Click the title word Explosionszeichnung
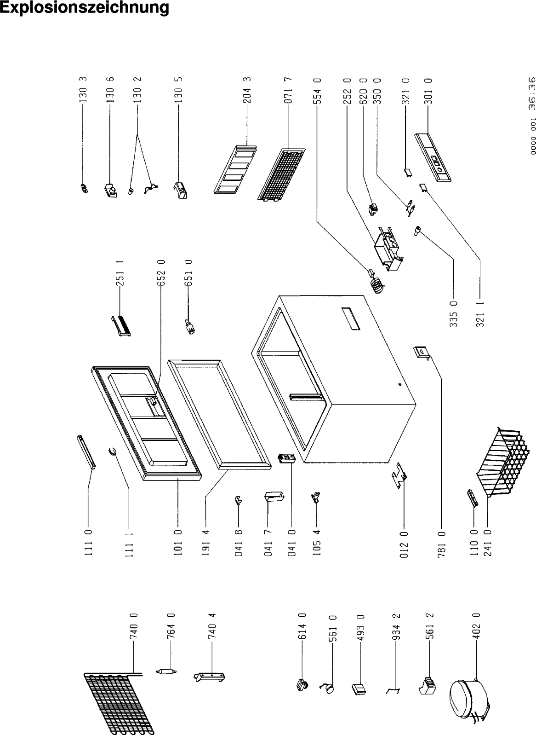[84, 7]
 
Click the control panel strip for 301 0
[433, 157]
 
